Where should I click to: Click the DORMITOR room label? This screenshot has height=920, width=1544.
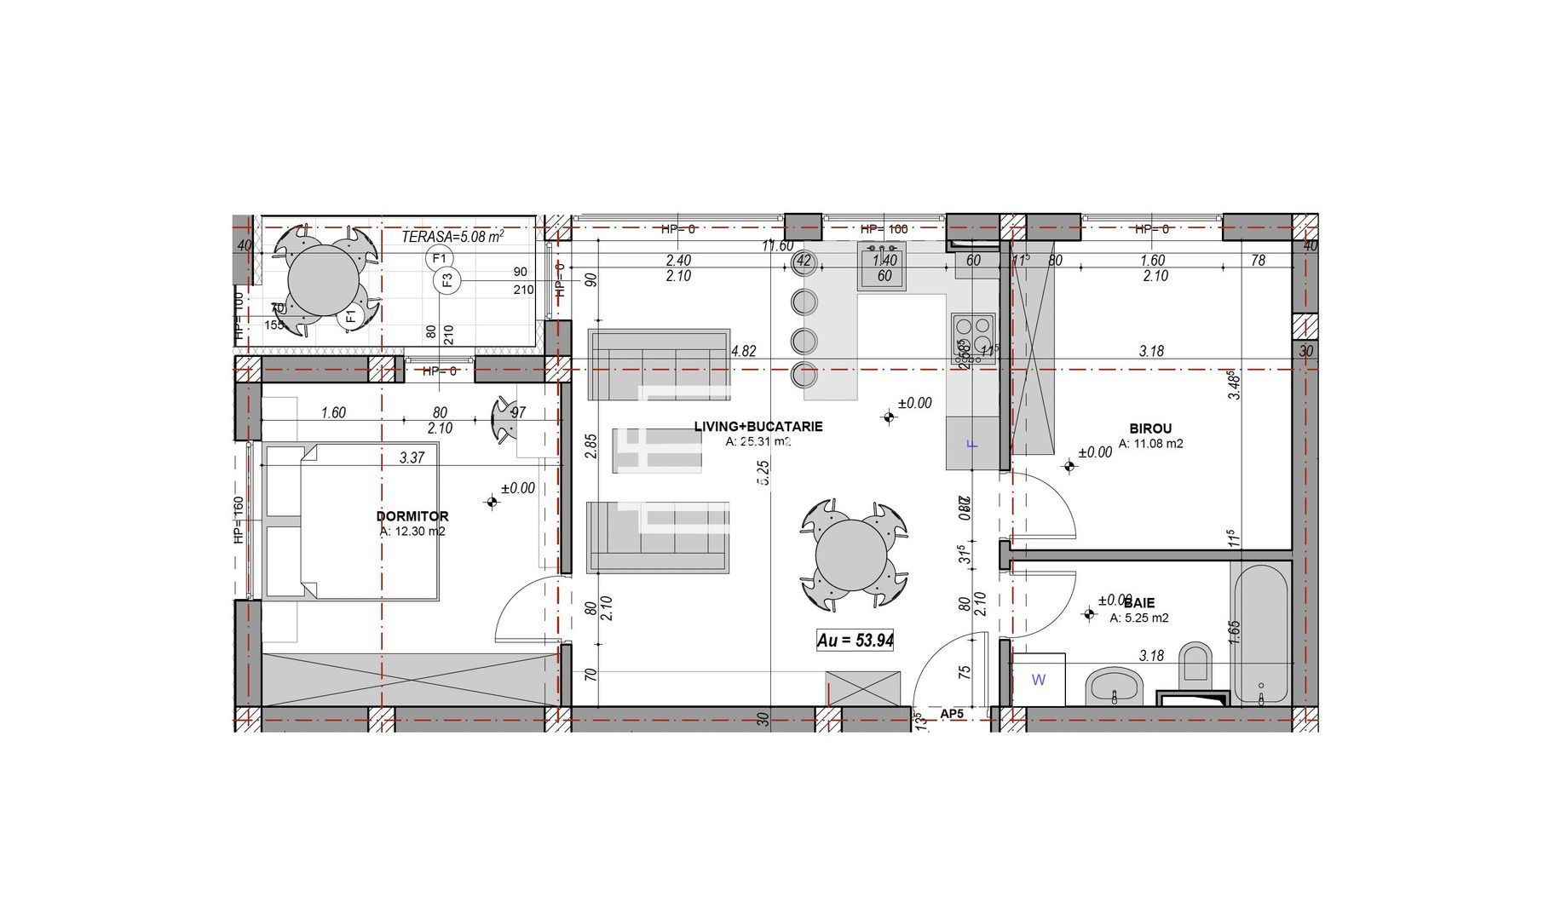click(412, 516)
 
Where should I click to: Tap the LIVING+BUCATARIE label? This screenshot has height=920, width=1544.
click(758, 427)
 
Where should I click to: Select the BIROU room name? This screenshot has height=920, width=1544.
click(1150, 428)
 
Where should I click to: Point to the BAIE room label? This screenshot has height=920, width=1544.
click(1139, 603)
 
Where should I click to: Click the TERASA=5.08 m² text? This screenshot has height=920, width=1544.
click(452, 236)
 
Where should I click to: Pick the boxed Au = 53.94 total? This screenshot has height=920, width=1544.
click(855, 641)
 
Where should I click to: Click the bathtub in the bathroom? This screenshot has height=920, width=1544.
click(1260, 634)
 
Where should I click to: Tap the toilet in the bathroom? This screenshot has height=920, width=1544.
click(1195, 664)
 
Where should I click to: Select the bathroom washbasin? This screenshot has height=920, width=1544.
click(1114, 685)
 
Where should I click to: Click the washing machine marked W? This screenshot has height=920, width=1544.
click(1039, 680)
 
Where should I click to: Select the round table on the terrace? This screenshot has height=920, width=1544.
click(324, 279)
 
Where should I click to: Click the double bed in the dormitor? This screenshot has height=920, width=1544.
click(351, 520)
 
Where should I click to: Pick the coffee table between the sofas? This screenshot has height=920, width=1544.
click(657, 450)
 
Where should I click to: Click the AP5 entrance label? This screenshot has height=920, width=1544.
click(952, 714)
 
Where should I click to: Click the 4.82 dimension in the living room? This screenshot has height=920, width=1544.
click(743, 351)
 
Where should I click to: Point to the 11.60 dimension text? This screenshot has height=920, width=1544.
click(777, 246)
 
